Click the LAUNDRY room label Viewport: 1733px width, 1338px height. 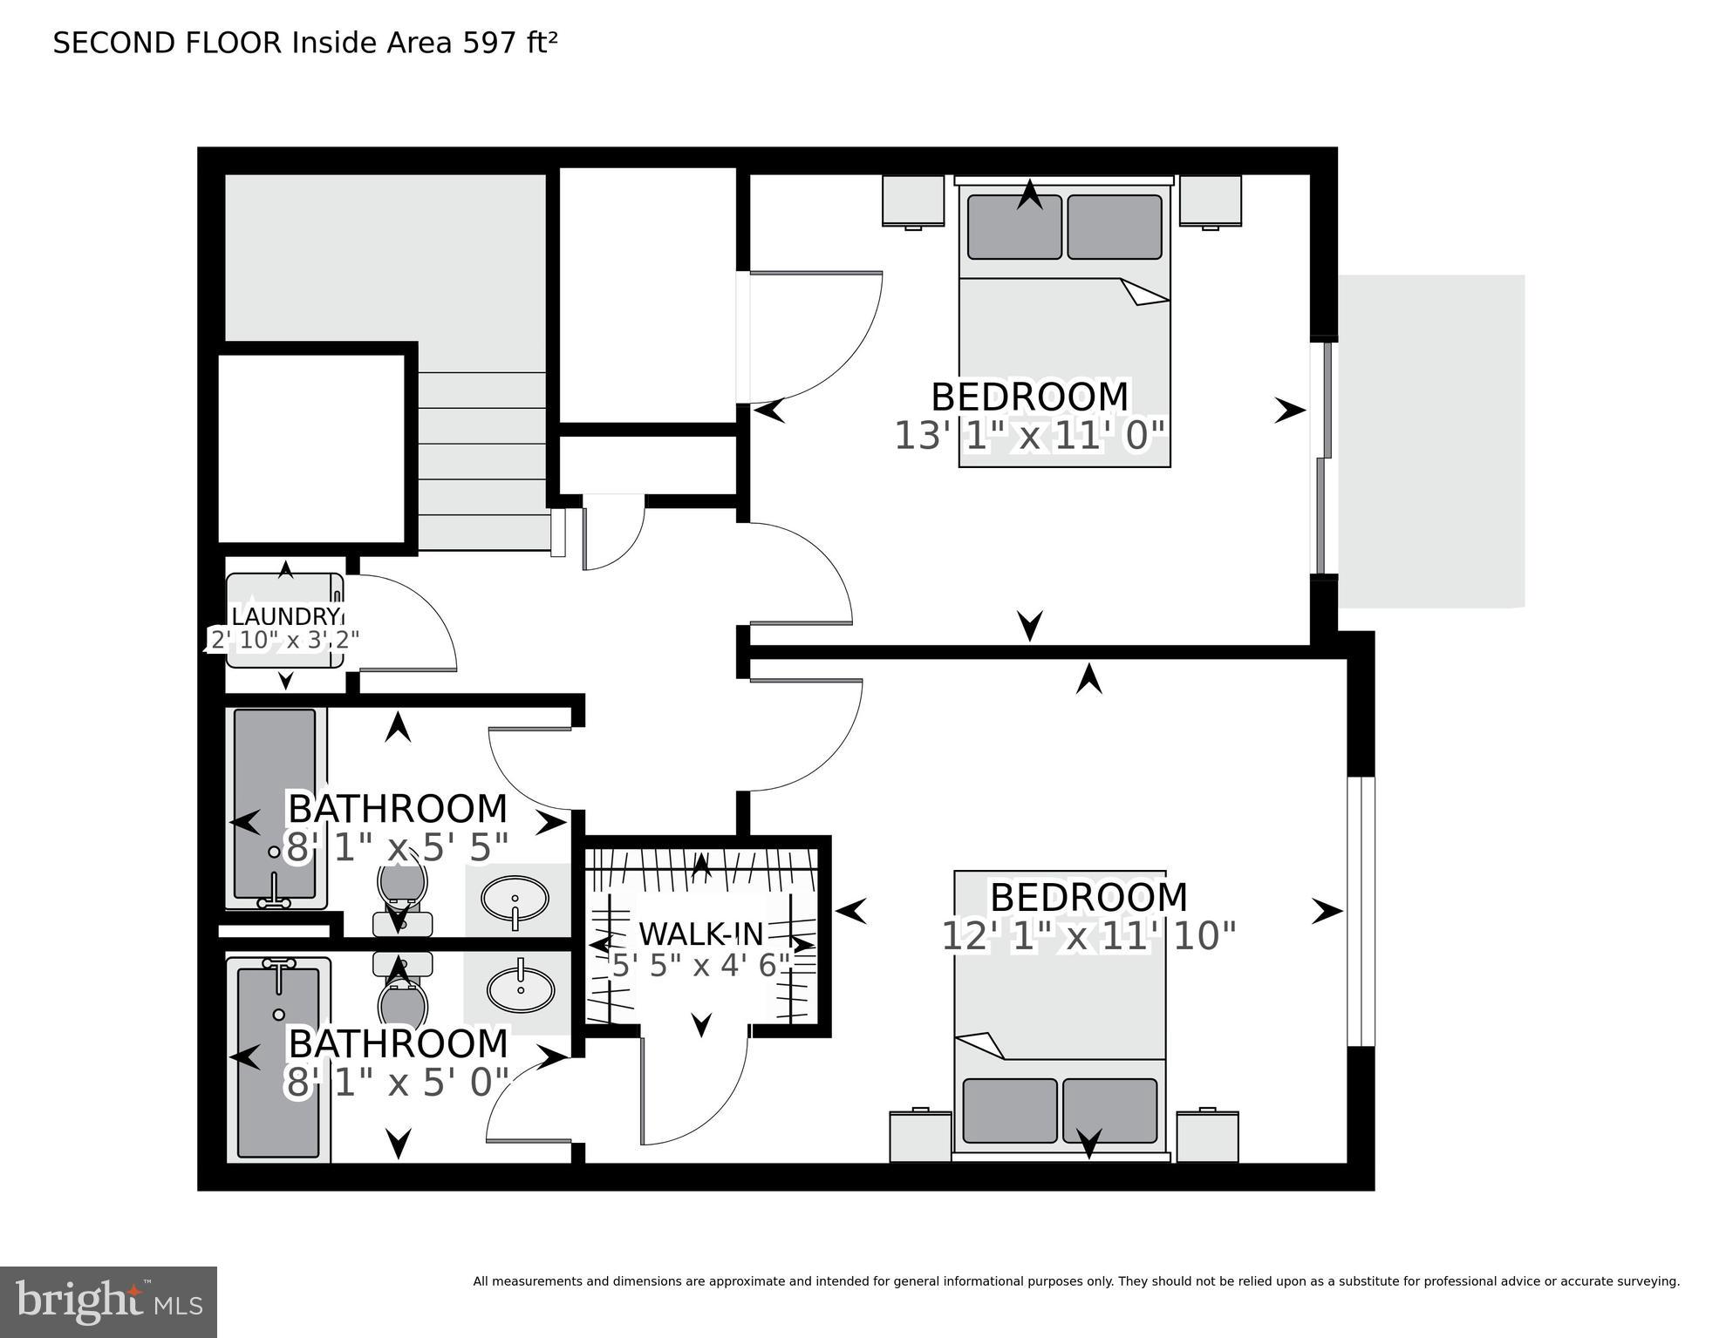pyautogui.click(x=283, y=616)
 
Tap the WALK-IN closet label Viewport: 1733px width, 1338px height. pyautogui.click(x=701, y=934)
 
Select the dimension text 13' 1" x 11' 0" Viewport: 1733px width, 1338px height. pyautogui.click(x=1030, y=436)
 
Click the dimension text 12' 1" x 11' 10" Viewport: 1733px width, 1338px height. pyautogui.click(x=1088, y=937)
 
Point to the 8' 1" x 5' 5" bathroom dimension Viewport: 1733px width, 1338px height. pyautogui.click(x=398, y=847)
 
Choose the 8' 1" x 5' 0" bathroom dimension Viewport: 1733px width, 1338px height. pyautogui.click(x=398, y=1083)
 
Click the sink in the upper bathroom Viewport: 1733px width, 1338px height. pyautogui.click(x=515, y=899)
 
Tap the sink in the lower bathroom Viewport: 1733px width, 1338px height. pyautogui.click(x=521, y=988)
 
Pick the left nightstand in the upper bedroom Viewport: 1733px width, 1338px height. pyautogui.click(x=913, y=200)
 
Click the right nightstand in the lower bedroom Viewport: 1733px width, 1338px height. pyautogui.click(x=1207, y=1136)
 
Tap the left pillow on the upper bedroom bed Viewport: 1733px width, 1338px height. pyautogui.click(x=1014, y=227)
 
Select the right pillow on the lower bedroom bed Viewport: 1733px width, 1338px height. pyautogui.click(x=1109, y=1110)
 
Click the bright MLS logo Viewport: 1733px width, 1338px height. pyautogui.click(x=108, y=1301)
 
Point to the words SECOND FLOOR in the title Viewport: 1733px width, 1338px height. pyautogui.click(x=167, y=43)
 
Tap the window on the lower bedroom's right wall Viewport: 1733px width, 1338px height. pyautogui.click(x=1361, y=911)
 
